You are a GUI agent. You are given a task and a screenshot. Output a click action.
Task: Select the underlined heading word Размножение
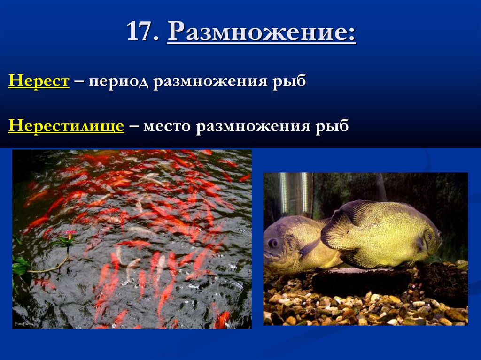(261, 33)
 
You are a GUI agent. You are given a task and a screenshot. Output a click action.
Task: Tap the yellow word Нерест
(39, 81)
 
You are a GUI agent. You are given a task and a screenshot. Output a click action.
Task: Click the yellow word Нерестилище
(66, 126)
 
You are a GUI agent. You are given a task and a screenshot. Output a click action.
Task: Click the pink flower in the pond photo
(70, 233)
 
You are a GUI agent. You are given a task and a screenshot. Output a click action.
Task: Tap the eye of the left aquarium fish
(273, 243)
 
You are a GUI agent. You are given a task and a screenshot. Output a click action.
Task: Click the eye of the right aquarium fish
(438, 233)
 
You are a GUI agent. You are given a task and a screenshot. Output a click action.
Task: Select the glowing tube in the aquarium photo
(284, 193)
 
